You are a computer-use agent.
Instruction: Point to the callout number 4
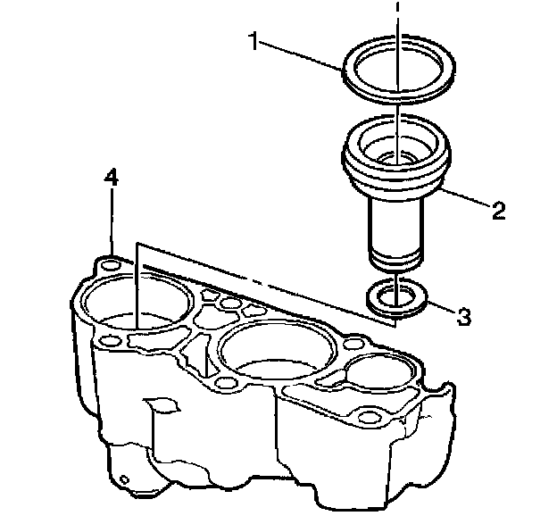[110, 178]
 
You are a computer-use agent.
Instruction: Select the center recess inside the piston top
[393, 158]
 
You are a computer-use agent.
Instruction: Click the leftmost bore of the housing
[134, 304]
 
